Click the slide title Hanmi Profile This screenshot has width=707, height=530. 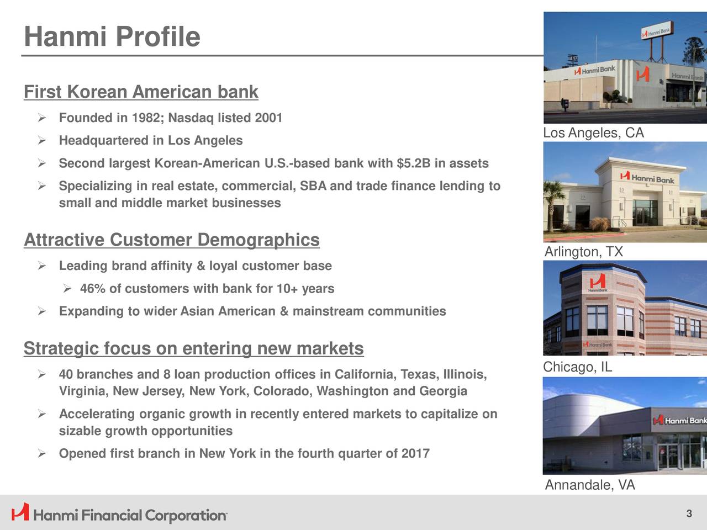(x=112, y=36)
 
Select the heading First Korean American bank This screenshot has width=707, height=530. (x=141, y=92)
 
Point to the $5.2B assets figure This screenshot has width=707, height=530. (x=414, y=163)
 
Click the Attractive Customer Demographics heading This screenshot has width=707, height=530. (x=172, y=240)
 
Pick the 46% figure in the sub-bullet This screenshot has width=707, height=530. (x=93, y=289)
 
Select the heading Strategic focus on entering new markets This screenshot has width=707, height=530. (x=193, y=348)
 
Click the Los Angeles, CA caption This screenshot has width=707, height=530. (x=593, y=133)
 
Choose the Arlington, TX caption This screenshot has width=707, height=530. (x=584, y=252)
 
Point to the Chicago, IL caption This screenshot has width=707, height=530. (x=578, y=367)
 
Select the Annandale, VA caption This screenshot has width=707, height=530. (x=590, y=485)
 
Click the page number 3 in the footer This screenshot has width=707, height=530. (x=689, y=513)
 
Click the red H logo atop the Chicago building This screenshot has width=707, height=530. (x=598, y=281)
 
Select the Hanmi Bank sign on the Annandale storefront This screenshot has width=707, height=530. (x=679, y=421)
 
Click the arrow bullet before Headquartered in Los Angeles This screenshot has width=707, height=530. (x=42, y=141)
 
